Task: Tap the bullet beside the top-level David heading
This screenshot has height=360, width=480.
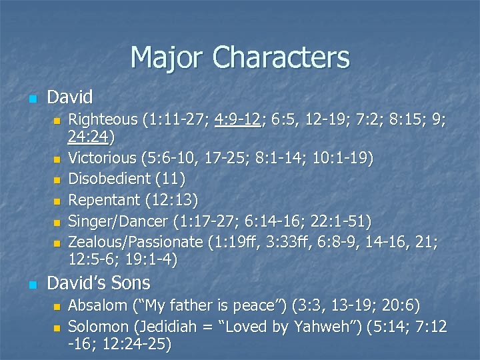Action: click(31, 99)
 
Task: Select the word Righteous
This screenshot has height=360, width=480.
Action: click(103, 120)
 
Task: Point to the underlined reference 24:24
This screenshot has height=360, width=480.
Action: click(90, 138)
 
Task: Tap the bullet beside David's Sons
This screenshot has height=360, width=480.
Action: click(31, 285)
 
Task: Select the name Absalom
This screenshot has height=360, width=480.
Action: click(97, 306)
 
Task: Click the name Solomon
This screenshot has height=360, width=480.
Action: click(99, 327)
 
